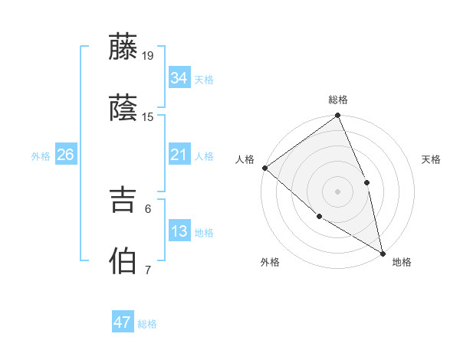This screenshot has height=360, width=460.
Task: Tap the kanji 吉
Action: (123, 201)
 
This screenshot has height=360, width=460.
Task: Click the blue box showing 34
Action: (179, 78)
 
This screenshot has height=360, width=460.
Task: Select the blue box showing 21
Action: (179, 155)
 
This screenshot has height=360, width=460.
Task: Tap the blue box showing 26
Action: (65, 155)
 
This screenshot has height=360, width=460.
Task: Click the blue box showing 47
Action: (123, 322)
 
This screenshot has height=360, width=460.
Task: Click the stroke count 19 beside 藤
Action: (148, 55)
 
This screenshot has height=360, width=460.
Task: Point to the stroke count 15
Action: (148, 117)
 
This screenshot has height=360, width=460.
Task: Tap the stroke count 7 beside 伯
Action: (148, 270)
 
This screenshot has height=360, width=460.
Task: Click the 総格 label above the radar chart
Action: (338, 100)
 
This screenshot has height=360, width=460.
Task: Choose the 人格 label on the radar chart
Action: (245, 159)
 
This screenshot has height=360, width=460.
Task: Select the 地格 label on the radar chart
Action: (402, 263)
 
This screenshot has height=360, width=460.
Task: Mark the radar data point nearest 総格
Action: (337, 116)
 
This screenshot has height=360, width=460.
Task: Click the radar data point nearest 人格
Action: (264, 168)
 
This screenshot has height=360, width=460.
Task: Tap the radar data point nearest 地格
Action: (382, 252)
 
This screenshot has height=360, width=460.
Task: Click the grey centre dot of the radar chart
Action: (337, 191)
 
